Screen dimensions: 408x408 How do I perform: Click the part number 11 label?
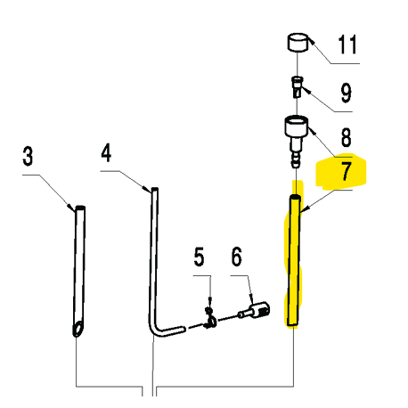pyautogui.click(x=347, y=45)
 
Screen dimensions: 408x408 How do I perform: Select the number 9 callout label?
pyautogui.click(x=346, y=93)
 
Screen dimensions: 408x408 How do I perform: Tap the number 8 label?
pyautogui.click(x=346, y=137)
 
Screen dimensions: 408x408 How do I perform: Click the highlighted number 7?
pyautogui.click(x=346, y=171)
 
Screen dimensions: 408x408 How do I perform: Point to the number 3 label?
pyautogui.click(x=28, y=156)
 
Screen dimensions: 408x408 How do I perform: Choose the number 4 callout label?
pyautogui.click(x=106, y=152)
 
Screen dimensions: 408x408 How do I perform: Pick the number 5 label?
pyautogui.click(x=199, y=257)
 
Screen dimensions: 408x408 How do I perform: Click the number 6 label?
pyautogui.click(x=237, y=257)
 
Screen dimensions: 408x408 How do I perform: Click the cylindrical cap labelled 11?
pyautogui.click(x=298, y=43)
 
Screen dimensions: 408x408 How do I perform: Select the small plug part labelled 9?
pyautogui.click(x=297, y=86)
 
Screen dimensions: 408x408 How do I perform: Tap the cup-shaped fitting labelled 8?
pyautogui.click(x=297, y=126)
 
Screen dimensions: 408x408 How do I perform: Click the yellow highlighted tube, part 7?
pyautogui.click(x=294, y=260)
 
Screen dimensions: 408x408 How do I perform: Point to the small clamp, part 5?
pyautogui.click(x=210, y=319)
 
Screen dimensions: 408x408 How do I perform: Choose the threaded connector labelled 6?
pyautogui.click(x=255, y=311)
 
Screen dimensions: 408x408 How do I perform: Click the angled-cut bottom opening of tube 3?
pyautogui.click(x=78, y=330)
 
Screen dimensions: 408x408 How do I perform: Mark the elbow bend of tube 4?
pyautogui.click(x=154, y=330)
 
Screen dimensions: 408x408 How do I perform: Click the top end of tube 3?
pyautogui.click(x=80, y=208)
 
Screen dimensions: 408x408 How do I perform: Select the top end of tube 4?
pyautogui.click(x=154, y=190)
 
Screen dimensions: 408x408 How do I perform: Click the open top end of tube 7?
pyautogui.click(x=295, y=197)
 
